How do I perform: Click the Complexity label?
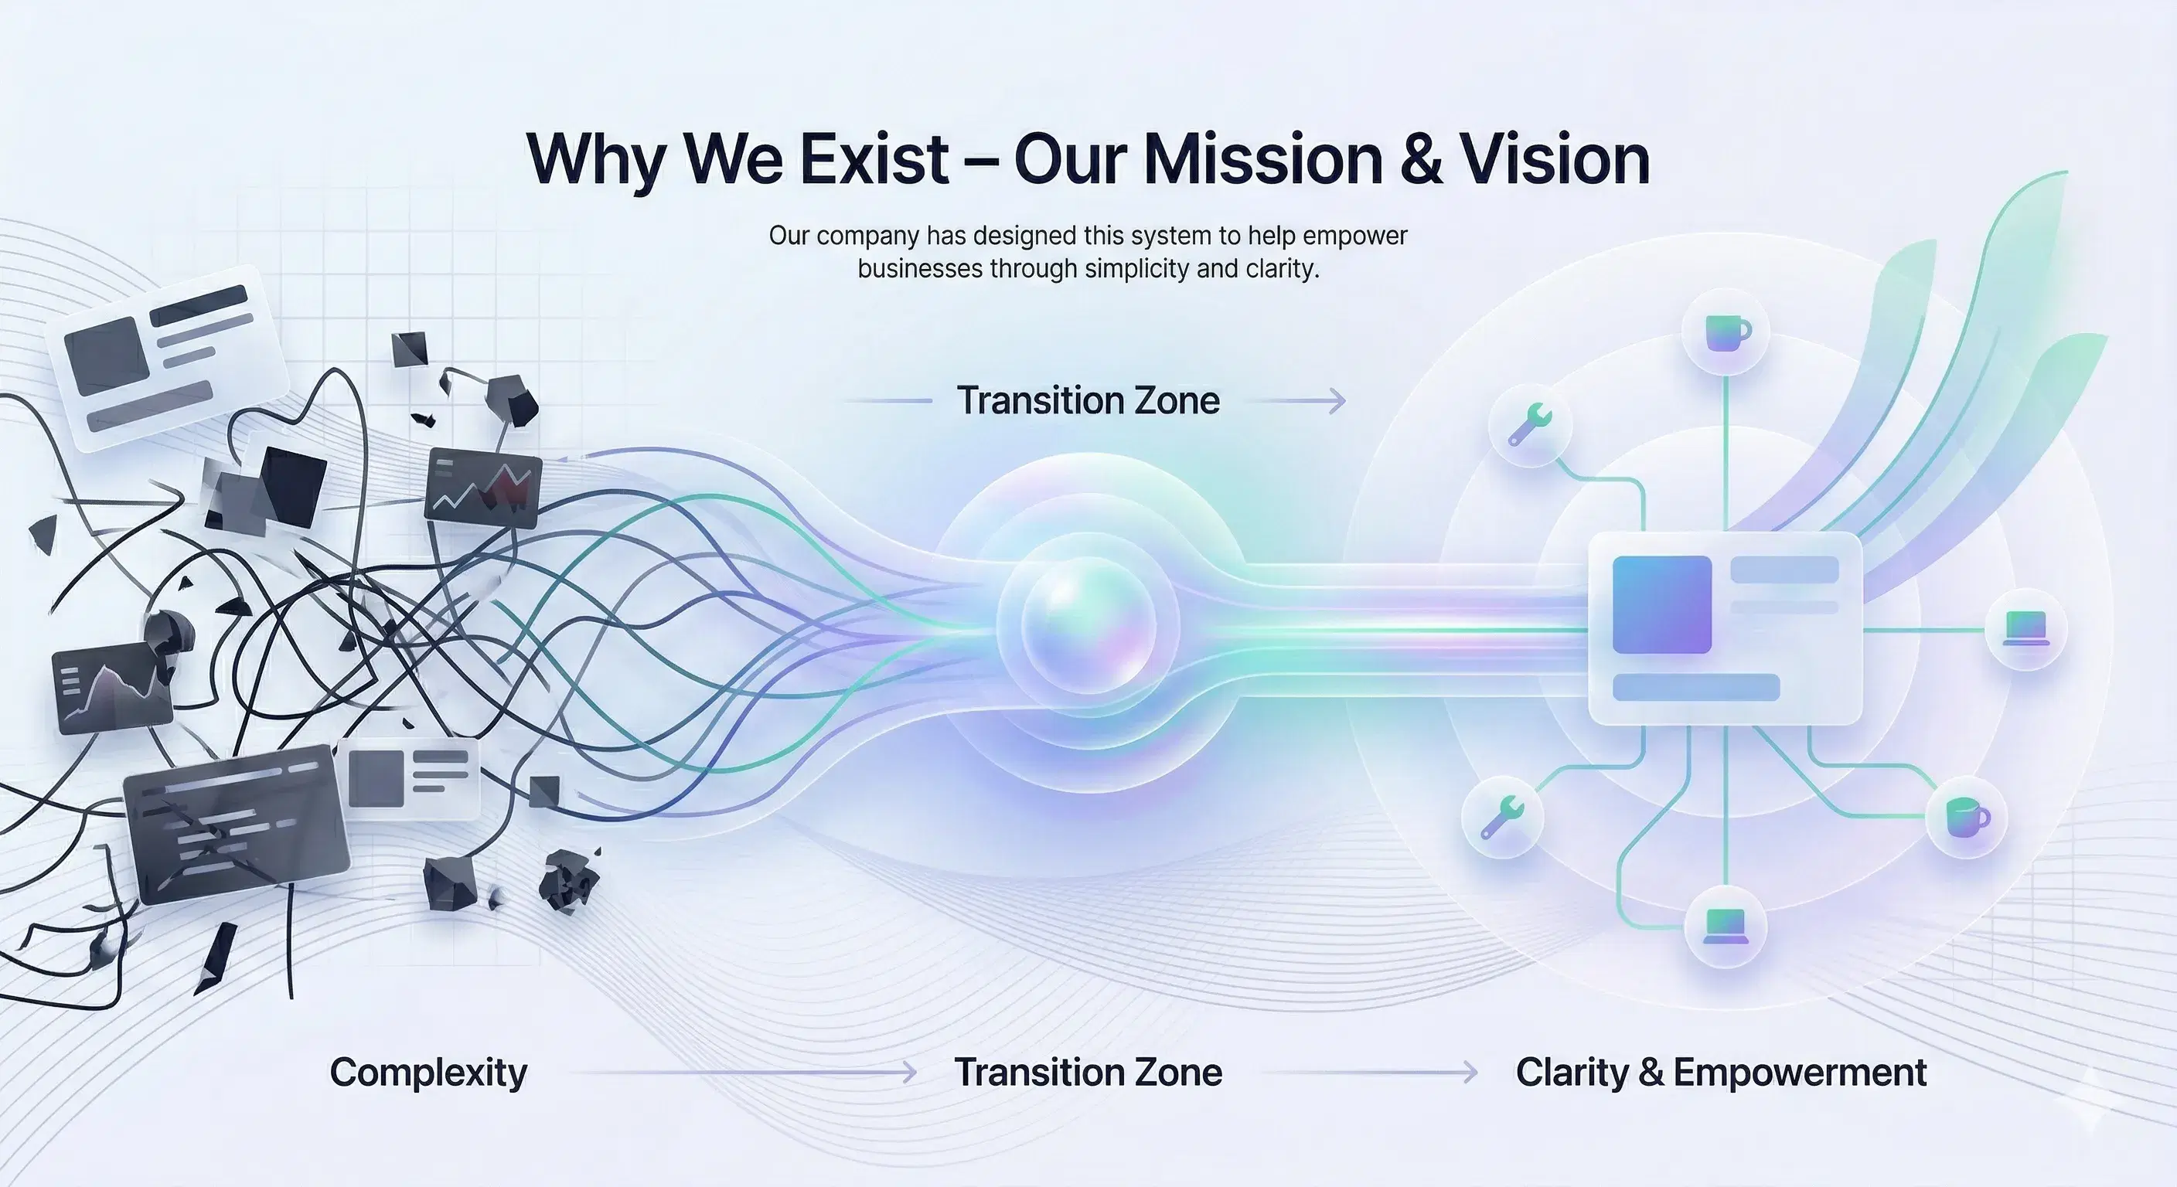click(428, 1072)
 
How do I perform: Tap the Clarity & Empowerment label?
click(1721, 1072)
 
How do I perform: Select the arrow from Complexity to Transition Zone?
click(744, 1073)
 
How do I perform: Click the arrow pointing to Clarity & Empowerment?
click(1369, 1073)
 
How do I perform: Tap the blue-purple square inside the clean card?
click(1661, 604)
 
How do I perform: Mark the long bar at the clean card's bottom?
click(1695, 688)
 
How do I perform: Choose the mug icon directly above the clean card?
click(1725, 333)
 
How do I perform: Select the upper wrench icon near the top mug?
click(1530, 424)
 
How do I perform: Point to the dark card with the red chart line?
click(483, 488)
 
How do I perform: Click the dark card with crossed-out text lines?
click(237, 825)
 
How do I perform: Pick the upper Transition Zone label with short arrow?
click(1088, 400)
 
